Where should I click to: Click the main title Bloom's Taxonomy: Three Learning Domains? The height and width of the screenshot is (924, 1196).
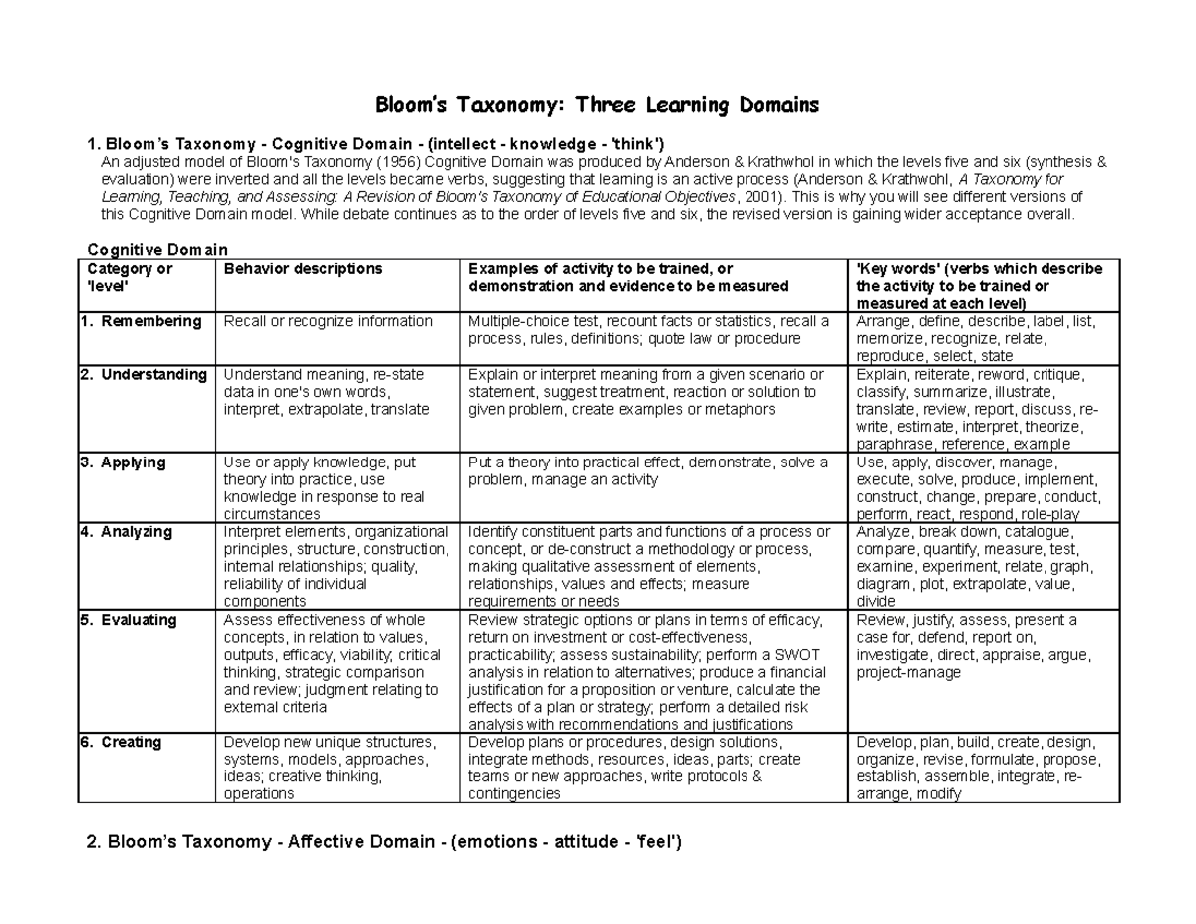pyautogui.click(x=596, y=105)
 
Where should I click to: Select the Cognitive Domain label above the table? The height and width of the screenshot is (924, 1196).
pyautogui.click(x=157, y=249)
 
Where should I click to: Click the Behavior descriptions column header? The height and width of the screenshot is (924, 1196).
pyautogui.click(x=303, y=269)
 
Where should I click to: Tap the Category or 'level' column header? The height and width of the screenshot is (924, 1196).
pyautogui.click(x=130, y=277)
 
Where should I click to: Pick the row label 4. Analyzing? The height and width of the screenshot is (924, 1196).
pyautogui.click(x=127, y=532)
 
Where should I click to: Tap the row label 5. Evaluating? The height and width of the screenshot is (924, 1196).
pyautogui.click(x=129, y=620)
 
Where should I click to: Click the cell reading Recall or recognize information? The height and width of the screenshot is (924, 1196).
pyautogui.click(x=328, y=321)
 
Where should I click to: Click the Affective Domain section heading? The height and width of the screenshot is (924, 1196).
pyautogui.click(x=384, y=843)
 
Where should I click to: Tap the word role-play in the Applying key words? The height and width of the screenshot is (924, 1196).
pyautogui.click(x=1048, y=515)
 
